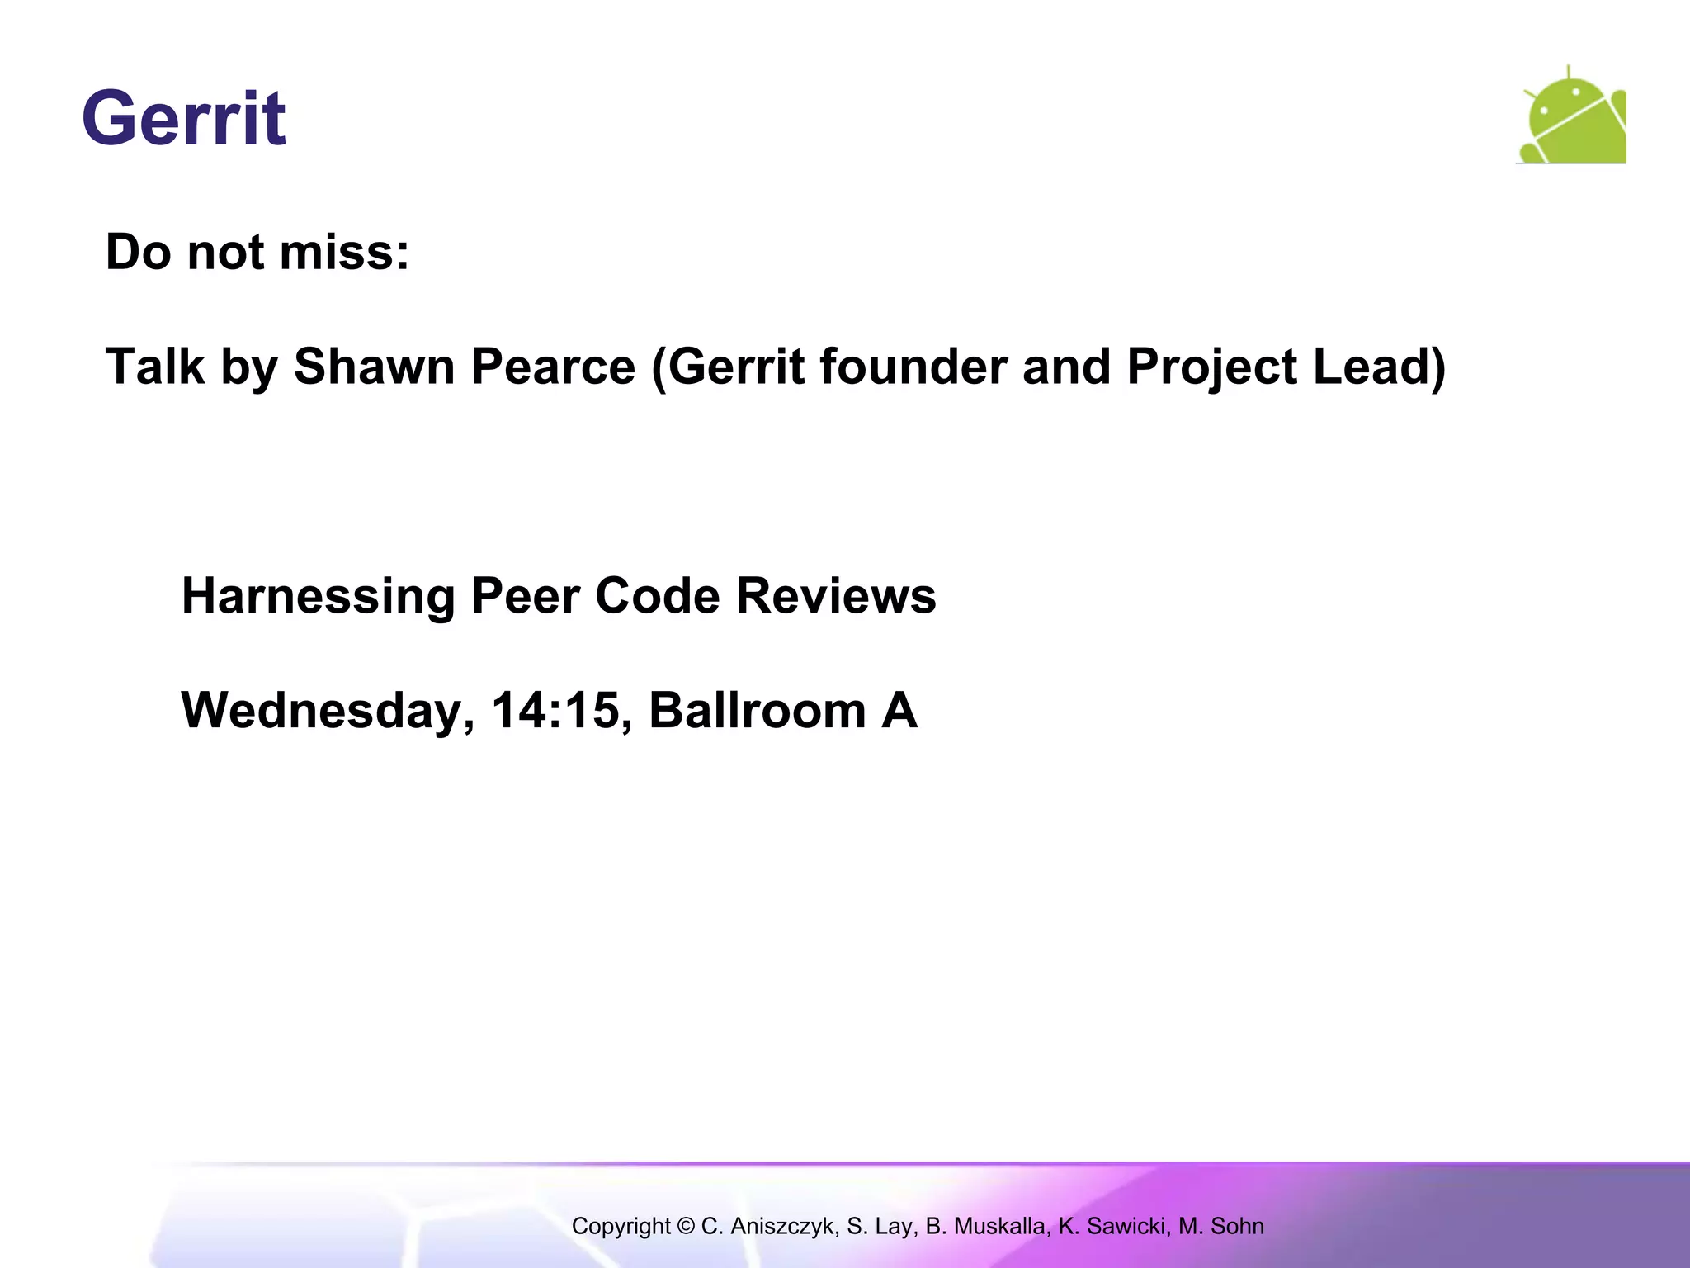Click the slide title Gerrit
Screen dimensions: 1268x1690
tap(184, 119)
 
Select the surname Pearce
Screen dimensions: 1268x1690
tap(553, 367)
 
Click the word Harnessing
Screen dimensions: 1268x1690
tap(318, 596)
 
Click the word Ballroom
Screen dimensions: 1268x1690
tap(757, 710)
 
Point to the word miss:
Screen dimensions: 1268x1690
tap(344, 252)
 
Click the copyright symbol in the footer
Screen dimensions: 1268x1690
tap(686, 1226)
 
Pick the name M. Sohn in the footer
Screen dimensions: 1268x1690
tap(1220, 1226)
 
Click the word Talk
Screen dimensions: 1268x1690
tap(155, 367)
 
